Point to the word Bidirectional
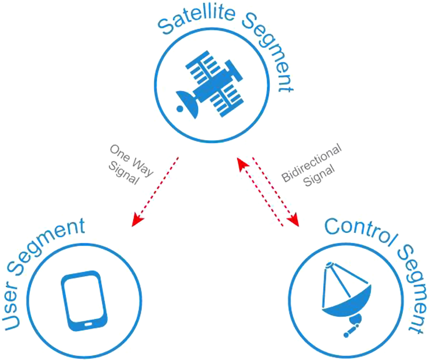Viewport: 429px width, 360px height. coord(311,163)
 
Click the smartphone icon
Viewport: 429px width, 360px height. coord(84,301)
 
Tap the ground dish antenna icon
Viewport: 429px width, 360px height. coord(346,297)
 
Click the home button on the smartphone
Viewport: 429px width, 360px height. coord(88,324)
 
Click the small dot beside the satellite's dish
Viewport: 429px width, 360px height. coord(180,108)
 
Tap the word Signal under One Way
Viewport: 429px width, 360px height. coord(124,173)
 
